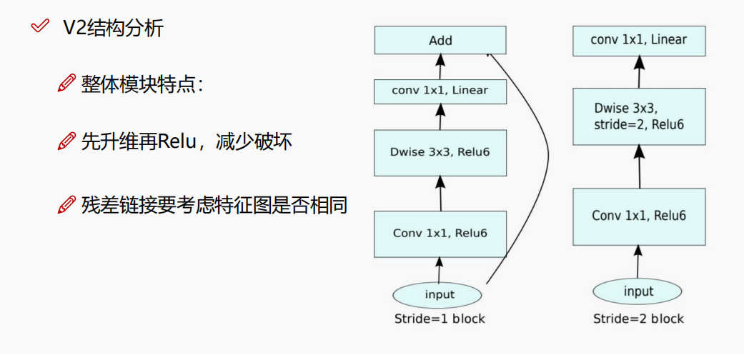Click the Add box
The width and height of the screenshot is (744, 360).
(x=440, y=40)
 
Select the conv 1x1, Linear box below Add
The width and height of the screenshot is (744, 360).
(x=440, y=91)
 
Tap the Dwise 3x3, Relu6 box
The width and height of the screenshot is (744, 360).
(x=440, y=152)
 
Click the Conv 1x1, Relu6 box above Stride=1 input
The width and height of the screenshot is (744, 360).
(x=440, y=234)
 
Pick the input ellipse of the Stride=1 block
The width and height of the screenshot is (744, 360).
(x=439, y=294)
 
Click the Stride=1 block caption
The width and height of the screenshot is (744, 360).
(x=440, y=319)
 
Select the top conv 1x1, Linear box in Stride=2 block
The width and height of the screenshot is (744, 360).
(x=639, y=41)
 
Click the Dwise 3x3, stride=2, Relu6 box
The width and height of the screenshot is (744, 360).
(x=639, y=117)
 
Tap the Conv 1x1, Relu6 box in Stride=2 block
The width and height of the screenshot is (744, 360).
(x=639, y=215)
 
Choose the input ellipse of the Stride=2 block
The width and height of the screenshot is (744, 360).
(x=638, y=291)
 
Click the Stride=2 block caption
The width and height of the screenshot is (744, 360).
(x=638, y=319)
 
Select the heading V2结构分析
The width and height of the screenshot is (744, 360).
(x=113, y=29)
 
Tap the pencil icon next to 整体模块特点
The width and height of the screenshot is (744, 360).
(x=66, y=84)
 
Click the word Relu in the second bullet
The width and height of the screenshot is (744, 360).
(x=174, y=141)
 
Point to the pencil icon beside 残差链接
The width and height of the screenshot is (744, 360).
(x=66, y=206)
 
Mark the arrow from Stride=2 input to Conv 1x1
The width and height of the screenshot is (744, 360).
(x=638, y=260)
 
